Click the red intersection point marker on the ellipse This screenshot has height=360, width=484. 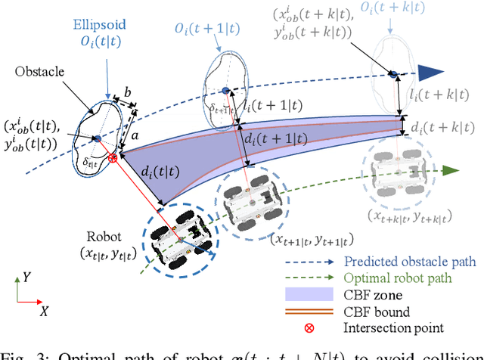tap(113, 157)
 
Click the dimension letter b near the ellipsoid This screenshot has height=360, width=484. tap(127, 92)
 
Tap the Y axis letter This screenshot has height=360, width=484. tap(28, 276)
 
